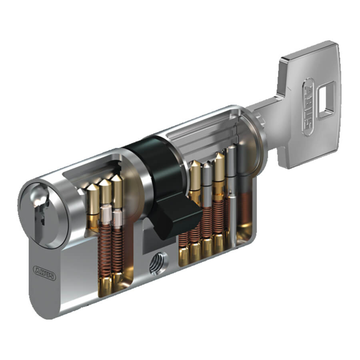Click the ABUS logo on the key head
point(308,107)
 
